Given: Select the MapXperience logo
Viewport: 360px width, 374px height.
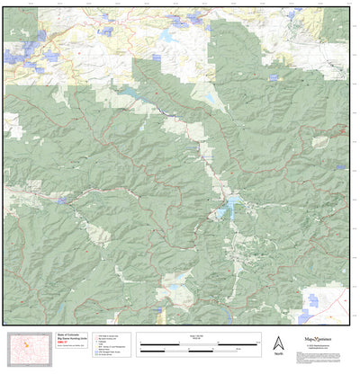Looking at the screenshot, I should pyautogui.click(x=325, y=341).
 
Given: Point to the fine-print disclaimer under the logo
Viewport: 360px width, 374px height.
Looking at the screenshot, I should pyautogui.click(x=325, y=350).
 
